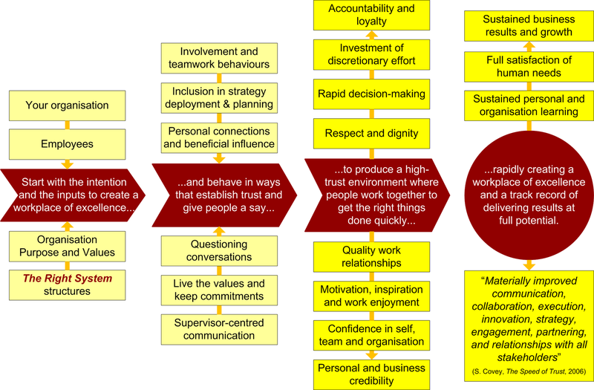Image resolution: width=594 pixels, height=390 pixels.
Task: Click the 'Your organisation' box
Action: (67, 105)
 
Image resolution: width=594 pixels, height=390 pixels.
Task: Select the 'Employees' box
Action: (67, 144)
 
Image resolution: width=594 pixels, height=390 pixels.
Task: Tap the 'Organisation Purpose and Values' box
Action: (67, 247)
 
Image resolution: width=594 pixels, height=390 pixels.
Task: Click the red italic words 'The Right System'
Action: (68, 279)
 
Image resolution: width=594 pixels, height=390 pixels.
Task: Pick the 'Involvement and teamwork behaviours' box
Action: (219, 58)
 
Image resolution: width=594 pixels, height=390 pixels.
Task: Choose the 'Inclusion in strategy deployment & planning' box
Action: (219, 98)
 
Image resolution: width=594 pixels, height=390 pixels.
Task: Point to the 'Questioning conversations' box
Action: (219, 250)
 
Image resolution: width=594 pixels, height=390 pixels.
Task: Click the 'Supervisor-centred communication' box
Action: (219, 329)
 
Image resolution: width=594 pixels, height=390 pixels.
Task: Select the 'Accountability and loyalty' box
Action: (371, 15)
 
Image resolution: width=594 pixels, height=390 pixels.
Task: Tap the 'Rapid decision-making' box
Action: (371, 94)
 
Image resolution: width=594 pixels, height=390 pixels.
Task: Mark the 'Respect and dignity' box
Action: (371, 134)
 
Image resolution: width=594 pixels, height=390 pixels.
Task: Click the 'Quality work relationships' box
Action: (371, 256)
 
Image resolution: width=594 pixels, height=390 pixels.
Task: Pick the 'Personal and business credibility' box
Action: (371, 374)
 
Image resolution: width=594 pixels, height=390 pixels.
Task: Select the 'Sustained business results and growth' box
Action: (529, 26)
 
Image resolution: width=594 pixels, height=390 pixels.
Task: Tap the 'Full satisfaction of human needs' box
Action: (529, 67)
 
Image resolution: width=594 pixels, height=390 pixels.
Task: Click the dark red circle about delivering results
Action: (529, 195)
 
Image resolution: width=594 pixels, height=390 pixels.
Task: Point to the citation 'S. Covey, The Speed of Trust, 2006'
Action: (529, 371)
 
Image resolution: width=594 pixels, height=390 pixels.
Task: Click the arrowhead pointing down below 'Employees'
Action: (68, 164)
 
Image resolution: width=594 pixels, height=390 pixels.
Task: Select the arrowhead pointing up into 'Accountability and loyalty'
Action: (372, 34)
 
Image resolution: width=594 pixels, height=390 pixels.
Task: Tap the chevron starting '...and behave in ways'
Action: (224, 195)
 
